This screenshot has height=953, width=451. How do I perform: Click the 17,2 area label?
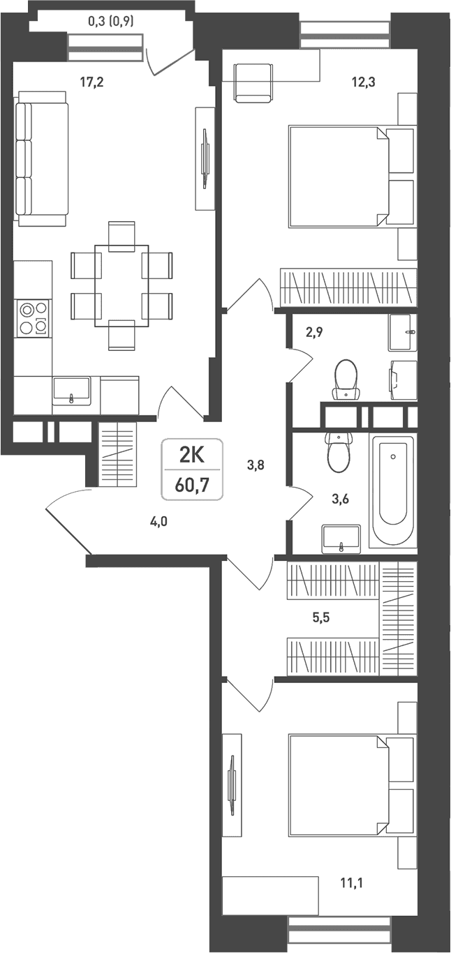(91, 82)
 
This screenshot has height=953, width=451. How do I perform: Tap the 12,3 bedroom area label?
(363, 82)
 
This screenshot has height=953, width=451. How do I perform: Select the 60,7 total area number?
(192, 485)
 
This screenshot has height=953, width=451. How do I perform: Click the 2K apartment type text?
(192, 455)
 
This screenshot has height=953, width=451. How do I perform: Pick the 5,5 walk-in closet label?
(321, 617)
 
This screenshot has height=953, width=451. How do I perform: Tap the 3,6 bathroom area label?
(340, 498)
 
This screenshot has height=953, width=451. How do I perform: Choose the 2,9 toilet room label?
(314, 332)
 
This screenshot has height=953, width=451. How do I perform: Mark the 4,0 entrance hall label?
(158, 521)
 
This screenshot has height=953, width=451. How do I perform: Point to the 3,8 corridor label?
(256, 465)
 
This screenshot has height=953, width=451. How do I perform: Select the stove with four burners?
(32, 319)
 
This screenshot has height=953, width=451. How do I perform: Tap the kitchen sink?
(71, 391)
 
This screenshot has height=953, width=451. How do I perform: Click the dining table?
(121, 285)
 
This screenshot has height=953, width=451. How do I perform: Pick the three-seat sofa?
(41, 158)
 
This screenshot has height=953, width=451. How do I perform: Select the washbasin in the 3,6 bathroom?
(341, 539)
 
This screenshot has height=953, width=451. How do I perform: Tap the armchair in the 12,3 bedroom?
(253, 83)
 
